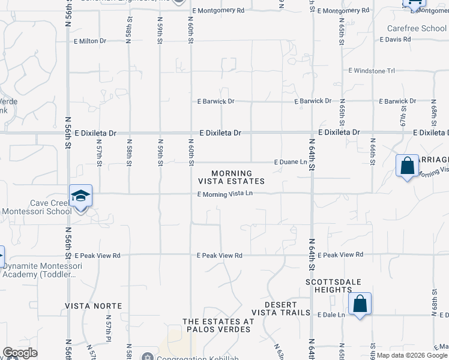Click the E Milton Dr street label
(90, 41)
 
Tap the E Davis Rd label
(396, 40)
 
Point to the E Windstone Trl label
(372, 71)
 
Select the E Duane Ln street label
(291, 162)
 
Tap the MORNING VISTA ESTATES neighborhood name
(231, 177)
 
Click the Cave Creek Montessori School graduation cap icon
(80, 196)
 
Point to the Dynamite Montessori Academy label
(41, 270)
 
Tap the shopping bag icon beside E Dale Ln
(360, 304)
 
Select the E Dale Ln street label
(331, 314)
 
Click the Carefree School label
(417, 28)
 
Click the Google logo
(20, 353)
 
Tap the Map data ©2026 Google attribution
(412, 355)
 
